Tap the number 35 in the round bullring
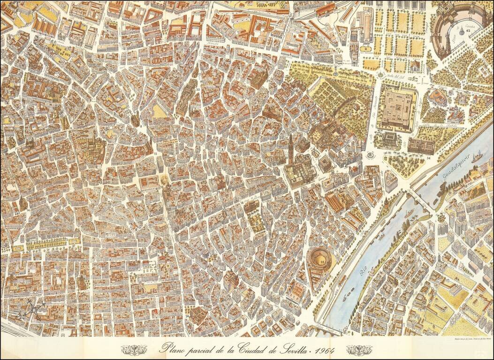322,262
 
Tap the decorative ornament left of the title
134,350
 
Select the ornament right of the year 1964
359,350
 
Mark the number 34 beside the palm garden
429,158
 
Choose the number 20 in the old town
198,89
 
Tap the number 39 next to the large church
268,81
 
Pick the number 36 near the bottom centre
187,317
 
